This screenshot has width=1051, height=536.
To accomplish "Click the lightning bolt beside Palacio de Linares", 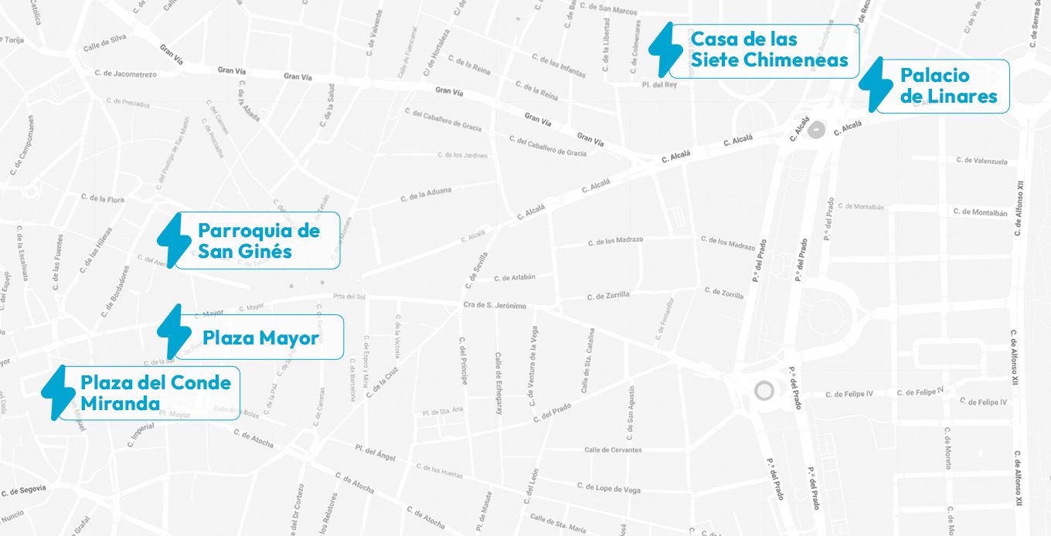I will click(876, 83).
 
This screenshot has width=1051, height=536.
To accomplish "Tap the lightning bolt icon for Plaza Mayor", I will click(169, 331).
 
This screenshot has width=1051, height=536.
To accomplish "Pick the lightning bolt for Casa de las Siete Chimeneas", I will click(665, 48).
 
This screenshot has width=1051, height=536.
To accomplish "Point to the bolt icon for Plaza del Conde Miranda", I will click(57, 392).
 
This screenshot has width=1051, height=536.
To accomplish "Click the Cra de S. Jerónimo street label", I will click(495, 306).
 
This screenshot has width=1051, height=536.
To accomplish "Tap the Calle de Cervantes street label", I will click(613, 449).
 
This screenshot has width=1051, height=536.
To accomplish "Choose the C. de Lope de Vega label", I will click(609, 487).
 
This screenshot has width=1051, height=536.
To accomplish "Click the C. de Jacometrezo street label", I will click(125, 73).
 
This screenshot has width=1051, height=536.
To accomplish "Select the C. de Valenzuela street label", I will click(981, 161).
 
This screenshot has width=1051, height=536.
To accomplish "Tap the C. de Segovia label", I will click(24, 490).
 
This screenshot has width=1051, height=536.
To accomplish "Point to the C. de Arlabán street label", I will click(514, 277).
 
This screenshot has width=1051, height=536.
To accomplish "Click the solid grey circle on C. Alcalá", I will click(815, 129).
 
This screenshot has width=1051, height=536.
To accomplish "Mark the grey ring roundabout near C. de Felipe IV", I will click(764, 390).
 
